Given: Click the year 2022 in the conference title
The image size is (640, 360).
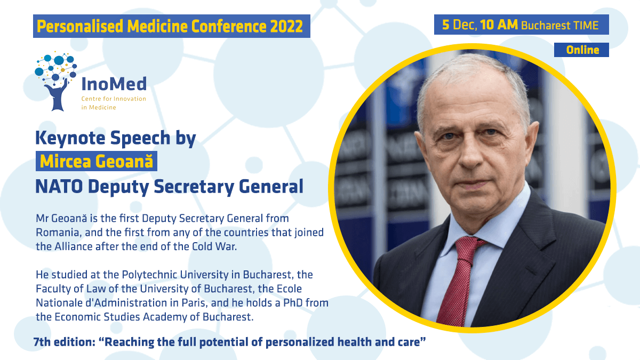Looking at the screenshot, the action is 286,27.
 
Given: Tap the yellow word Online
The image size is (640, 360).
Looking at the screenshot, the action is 582,50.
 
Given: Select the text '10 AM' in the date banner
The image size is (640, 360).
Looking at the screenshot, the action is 499,25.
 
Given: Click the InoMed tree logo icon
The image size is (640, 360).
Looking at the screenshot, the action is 55,81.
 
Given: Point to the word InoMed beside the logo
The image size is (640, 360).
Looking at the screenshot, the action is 114,84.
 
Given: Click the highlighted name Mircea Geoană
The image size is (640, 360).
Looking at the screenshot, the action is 97,161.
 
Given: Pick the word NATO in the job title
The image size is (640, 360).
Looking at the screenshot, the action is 59,187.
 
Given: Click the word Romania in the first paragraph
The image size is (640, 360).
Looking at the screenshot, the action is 57,233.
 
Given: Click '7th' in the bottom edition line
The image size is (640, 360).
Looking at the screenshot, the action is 42,342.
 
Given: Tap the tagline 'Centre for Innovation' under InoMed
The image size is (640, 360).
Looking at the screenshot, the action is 114,99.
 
